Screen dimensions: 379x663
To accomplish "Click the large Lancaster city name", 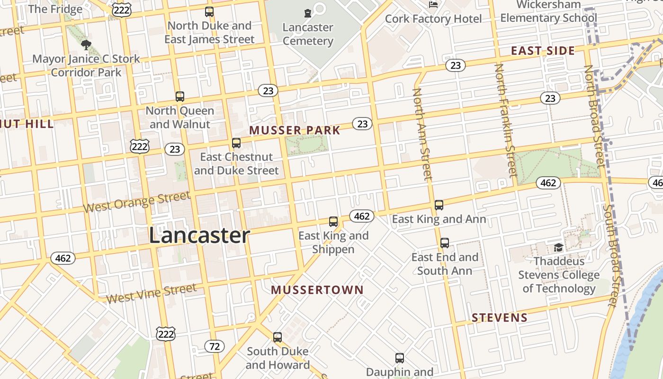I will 199,235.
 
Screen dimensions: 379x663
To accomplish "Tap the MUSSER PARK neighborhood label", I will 295,130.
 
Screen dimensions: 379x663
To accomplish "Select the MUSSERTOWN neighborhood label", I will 317,290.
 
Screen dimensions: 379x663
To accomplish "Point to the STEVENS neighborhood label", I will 500,317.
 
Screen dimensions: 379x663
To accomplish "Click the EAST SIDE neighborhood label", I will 543,51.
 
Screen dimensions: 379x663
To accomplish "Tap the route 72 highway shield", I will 215,346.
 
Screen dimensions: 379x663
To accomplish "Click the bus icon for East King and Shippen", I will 333,221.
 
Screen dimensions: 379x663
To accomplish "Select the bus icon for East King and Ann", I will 439,205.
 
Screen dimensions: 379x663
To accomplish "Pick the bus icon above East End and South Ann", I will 444,243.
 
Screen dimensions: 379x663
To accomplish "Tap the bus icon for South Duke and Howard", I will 278,337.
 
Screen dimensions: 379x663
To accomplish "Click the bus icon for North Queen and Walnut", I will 179,97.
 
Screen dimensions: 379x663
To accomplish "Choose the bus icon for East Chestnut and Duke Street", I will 236,143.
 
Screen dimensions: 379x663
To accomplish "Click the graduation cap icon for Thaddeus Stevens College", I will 558,247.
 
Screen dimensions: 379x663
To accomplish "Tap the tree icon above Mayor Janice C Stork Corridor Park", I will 86,45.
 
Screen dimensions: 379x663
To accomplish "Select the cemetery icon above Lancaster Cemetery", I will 308,13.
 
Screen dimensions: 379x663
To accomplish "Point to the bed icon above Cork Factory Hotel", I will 433,5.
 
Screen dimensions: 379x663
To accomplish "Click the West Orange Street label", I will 136,202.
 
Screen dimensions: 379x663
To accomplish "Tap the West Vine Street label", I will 151,293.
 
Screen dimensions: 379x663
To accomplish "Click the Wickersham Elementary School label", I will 548,11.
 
